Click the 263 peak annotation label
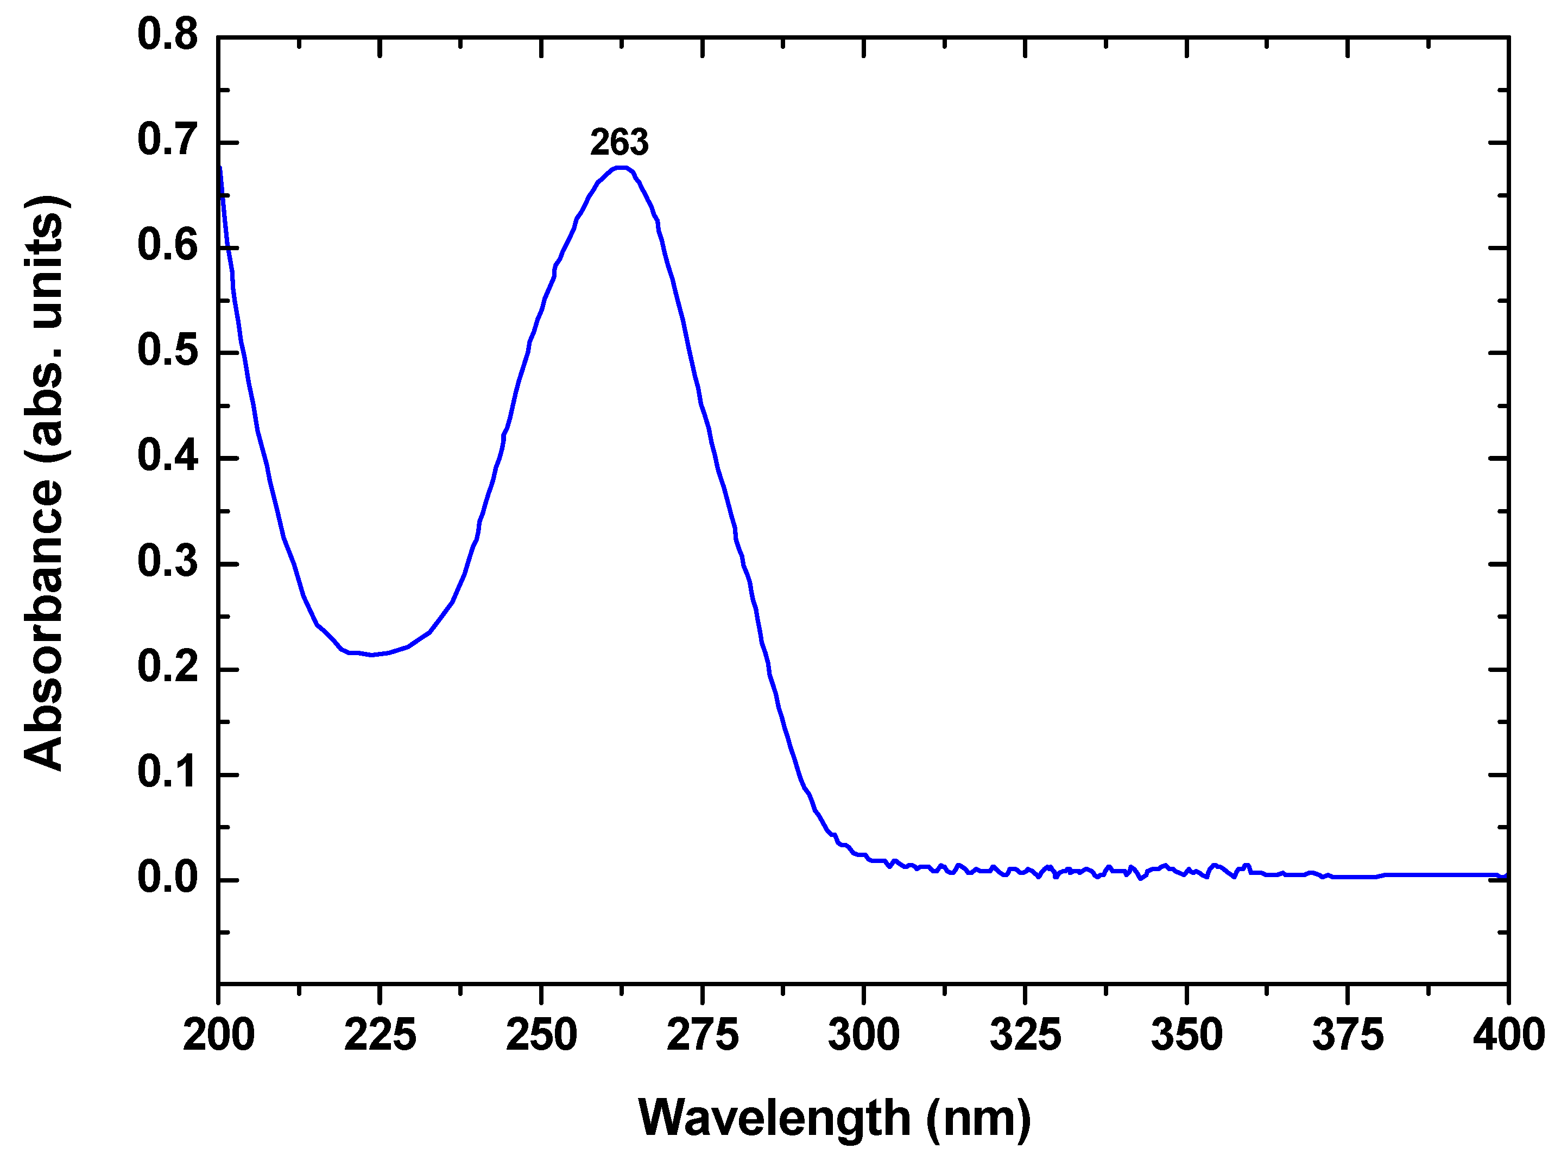(x=619, y=143)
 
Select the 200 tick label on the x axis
(x=218, y=1035)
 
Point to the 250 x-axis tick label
(x=541, y=1035)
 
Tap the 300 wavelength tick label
(x=864, y=1035)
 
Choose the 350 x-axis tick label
(x=1187, y=1035)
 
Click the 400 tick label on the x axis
(x=1508, y=1035)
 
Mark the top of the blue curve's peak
(x=621, y=168)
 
